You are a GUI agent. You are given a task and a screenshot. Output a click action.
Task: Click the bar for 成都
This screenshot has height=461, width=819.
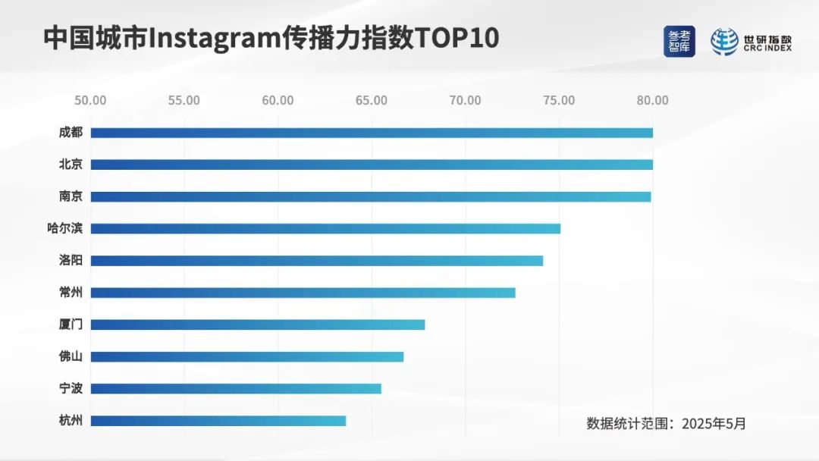(372, 133)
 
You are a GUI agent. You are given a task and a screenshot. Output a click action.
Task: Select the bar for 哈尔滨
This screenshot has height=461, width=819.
(325, 228)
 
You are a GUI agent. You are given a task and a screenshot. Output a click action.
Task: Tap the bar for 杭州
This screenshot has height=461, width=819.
(218, 421)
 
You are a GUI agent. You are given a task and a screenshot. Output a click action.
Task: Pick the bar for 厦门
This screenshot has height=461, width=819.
(258, 325)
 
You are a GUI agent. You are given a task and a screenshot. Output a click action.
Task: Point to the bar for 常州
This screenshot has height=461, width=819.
(303, 293)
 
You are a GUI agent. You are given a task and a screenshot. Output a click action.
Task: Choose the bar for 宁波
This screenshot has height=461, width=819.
(236, 388)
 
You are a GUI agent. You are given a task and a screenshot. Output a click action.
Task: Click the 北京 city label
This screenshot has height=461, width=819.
(71, 165)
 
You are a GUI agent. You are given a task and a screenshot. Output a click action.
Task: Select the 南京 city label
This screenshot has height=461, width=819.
(71, 196)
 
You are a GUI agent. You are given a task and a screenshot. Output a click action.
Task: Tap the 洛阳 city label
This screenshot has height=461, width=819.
(71, 260)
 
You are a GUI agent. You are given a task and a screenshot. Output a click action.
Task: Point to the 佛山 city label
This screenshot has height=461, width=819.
(71, 356)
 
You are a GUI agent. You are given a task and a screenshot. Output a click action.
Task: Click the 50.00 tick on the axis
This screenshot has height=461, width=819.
(90, 100)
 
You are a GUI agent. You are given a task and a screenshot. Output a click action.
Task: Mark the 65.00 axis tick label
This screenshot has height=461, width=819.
(372, 100)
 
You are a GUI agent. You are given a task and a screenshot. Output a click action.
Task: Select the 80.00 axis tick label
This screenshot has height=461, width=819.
(652, 100)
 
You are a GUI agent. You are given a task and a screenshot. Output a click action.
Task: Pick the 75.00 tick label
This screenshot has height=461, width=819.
(559, 100)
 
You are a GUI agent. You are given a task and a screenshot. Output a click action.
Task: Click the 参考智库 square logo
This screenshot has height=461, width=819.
(679, 42)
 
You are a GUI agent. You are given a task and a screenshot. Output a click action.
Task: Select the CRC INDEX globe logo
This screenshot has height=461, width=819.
(724, 42)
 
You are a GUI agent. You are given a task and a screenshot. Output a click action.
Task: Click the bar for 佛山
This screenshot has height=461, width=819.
(247, 356)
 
